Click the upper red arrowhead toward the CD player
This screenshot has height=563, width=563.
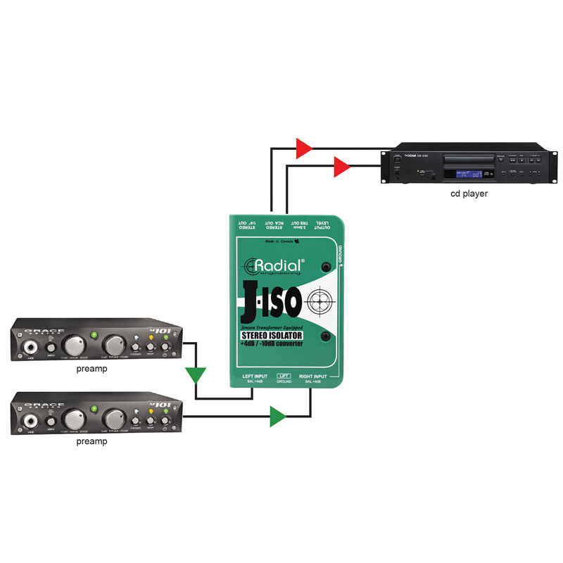pos(303,148)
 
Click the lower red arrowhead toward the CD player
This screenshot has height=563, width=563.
pos(341,167)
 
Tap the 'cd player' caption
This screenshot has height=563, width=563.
pos(469,193)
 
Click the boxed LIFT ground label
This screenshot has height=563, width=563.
pos(284,377)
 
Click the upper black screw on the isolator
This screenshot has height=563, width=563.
pos(327,267)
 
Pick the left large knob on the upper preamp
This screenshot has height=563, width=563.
pos(71,345)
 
